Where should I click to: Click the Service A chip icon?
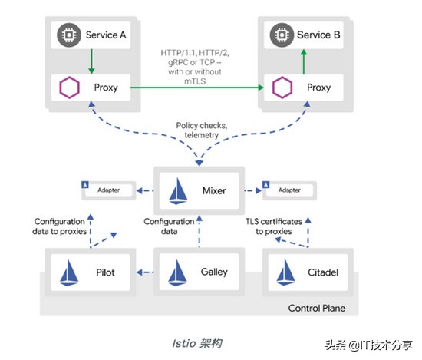[x=68, y=35]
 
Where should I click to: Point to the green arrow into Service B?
[x=304, y=61]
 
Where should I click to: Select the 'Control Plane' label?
[x=316, y=309]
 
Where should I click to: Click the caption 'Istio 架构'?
[x=197, y=339]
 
